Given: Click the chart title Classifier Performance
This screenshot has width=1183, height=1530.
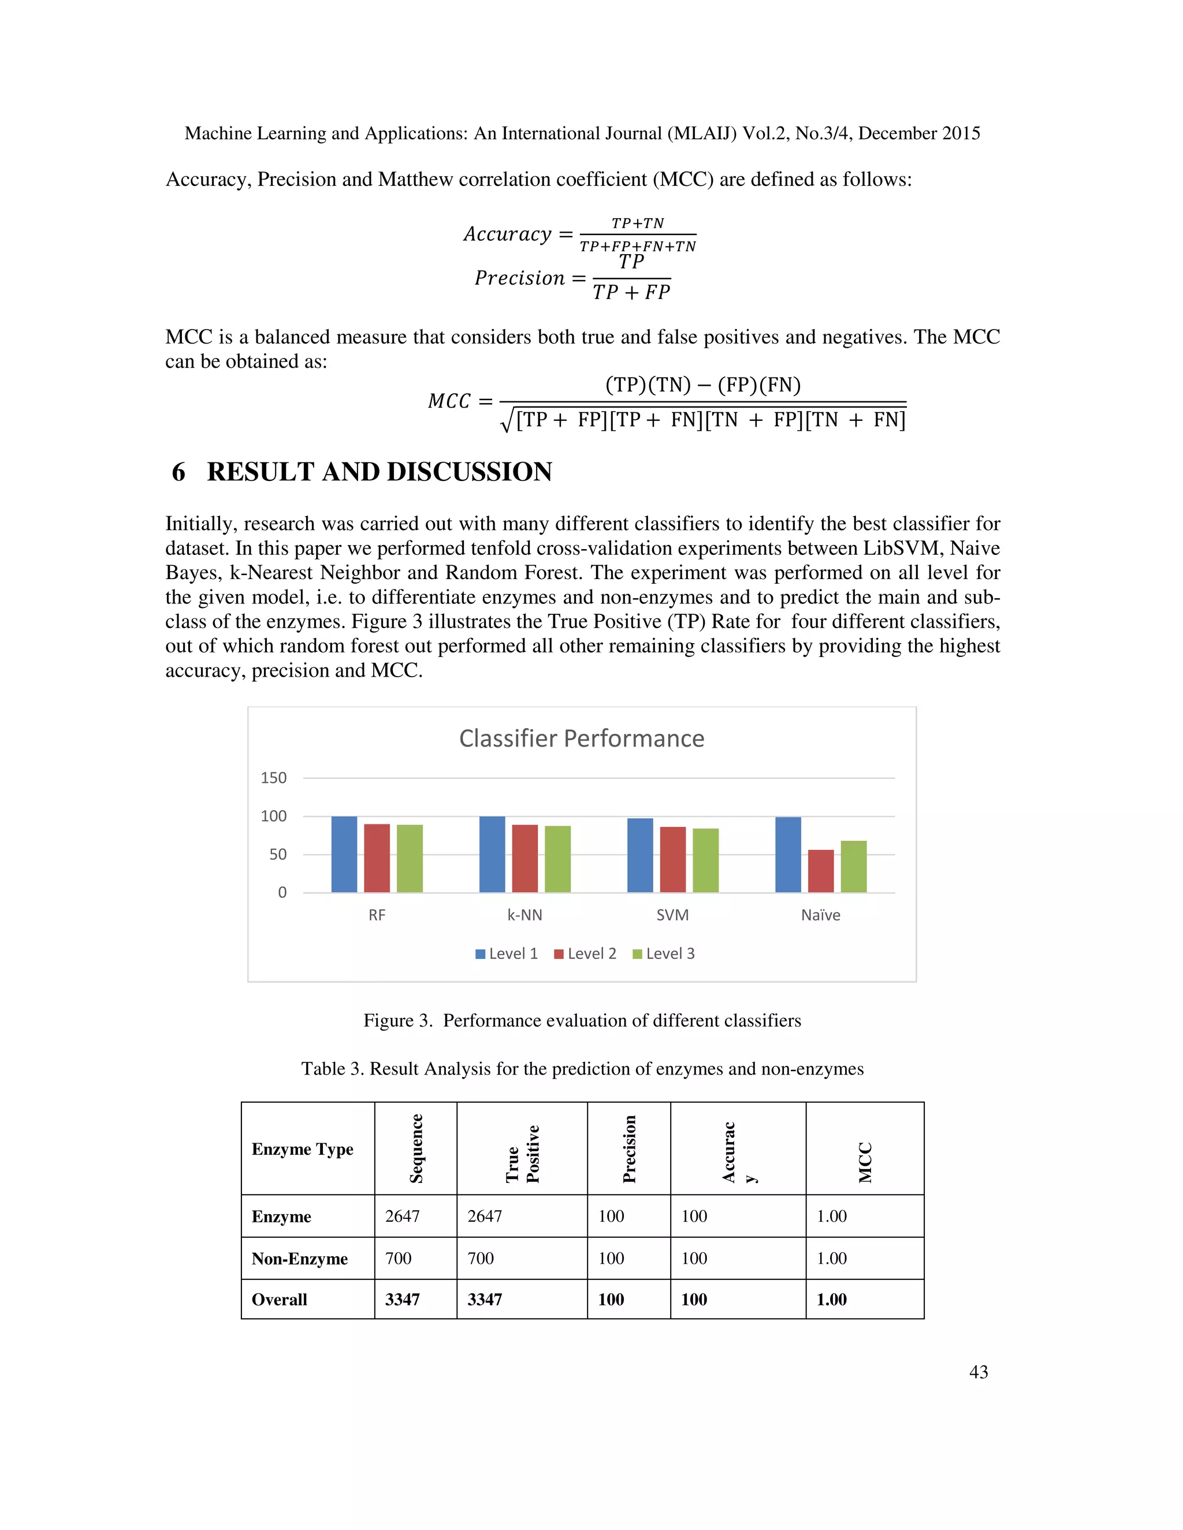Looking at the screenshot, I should pos(581,738).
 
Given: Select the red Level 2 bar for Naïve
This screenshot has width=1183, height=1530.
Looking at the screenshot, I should pos(821,871).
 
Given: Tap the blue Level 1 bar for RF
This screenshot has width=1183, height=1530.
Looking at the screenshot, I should pos(344,854).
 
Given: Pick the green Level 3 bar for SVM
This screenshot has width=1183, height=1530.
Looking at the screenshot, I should pos(705,860).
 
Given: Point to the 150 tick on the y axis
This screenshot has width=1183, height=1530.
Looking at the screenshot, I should pos(273,778).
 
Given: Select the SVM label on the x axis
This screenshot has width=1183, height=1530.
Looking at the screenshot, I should pos(672,915).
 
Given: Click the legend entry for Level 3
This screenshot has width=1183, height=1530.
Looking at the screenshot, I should pos(663,953).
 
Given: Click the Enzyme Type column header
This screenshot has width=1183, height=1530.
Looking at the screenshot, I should pos(302,1149).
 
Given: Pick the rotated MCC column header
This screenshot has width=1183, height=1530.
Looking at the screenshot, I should pos(865,1162).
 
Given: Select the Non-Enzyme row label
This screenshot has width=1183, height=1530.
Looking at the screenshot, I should pos(299,1259).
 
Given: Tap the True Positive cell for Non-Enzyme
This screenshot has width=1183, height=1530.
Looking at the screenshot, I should pos(481,1258).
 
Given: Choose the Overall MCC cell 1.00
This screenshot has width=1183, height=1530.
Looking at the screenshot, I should pos(831,1300).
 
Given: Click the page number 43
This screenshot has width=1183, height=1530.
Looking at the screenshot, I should pos(979,1372).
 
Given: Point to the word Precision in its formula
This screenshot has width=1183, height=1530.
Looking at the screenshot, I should pos(519,278).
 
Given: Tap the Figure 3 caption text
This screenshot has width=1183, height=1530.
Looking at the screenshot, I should pos(582,1020).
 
